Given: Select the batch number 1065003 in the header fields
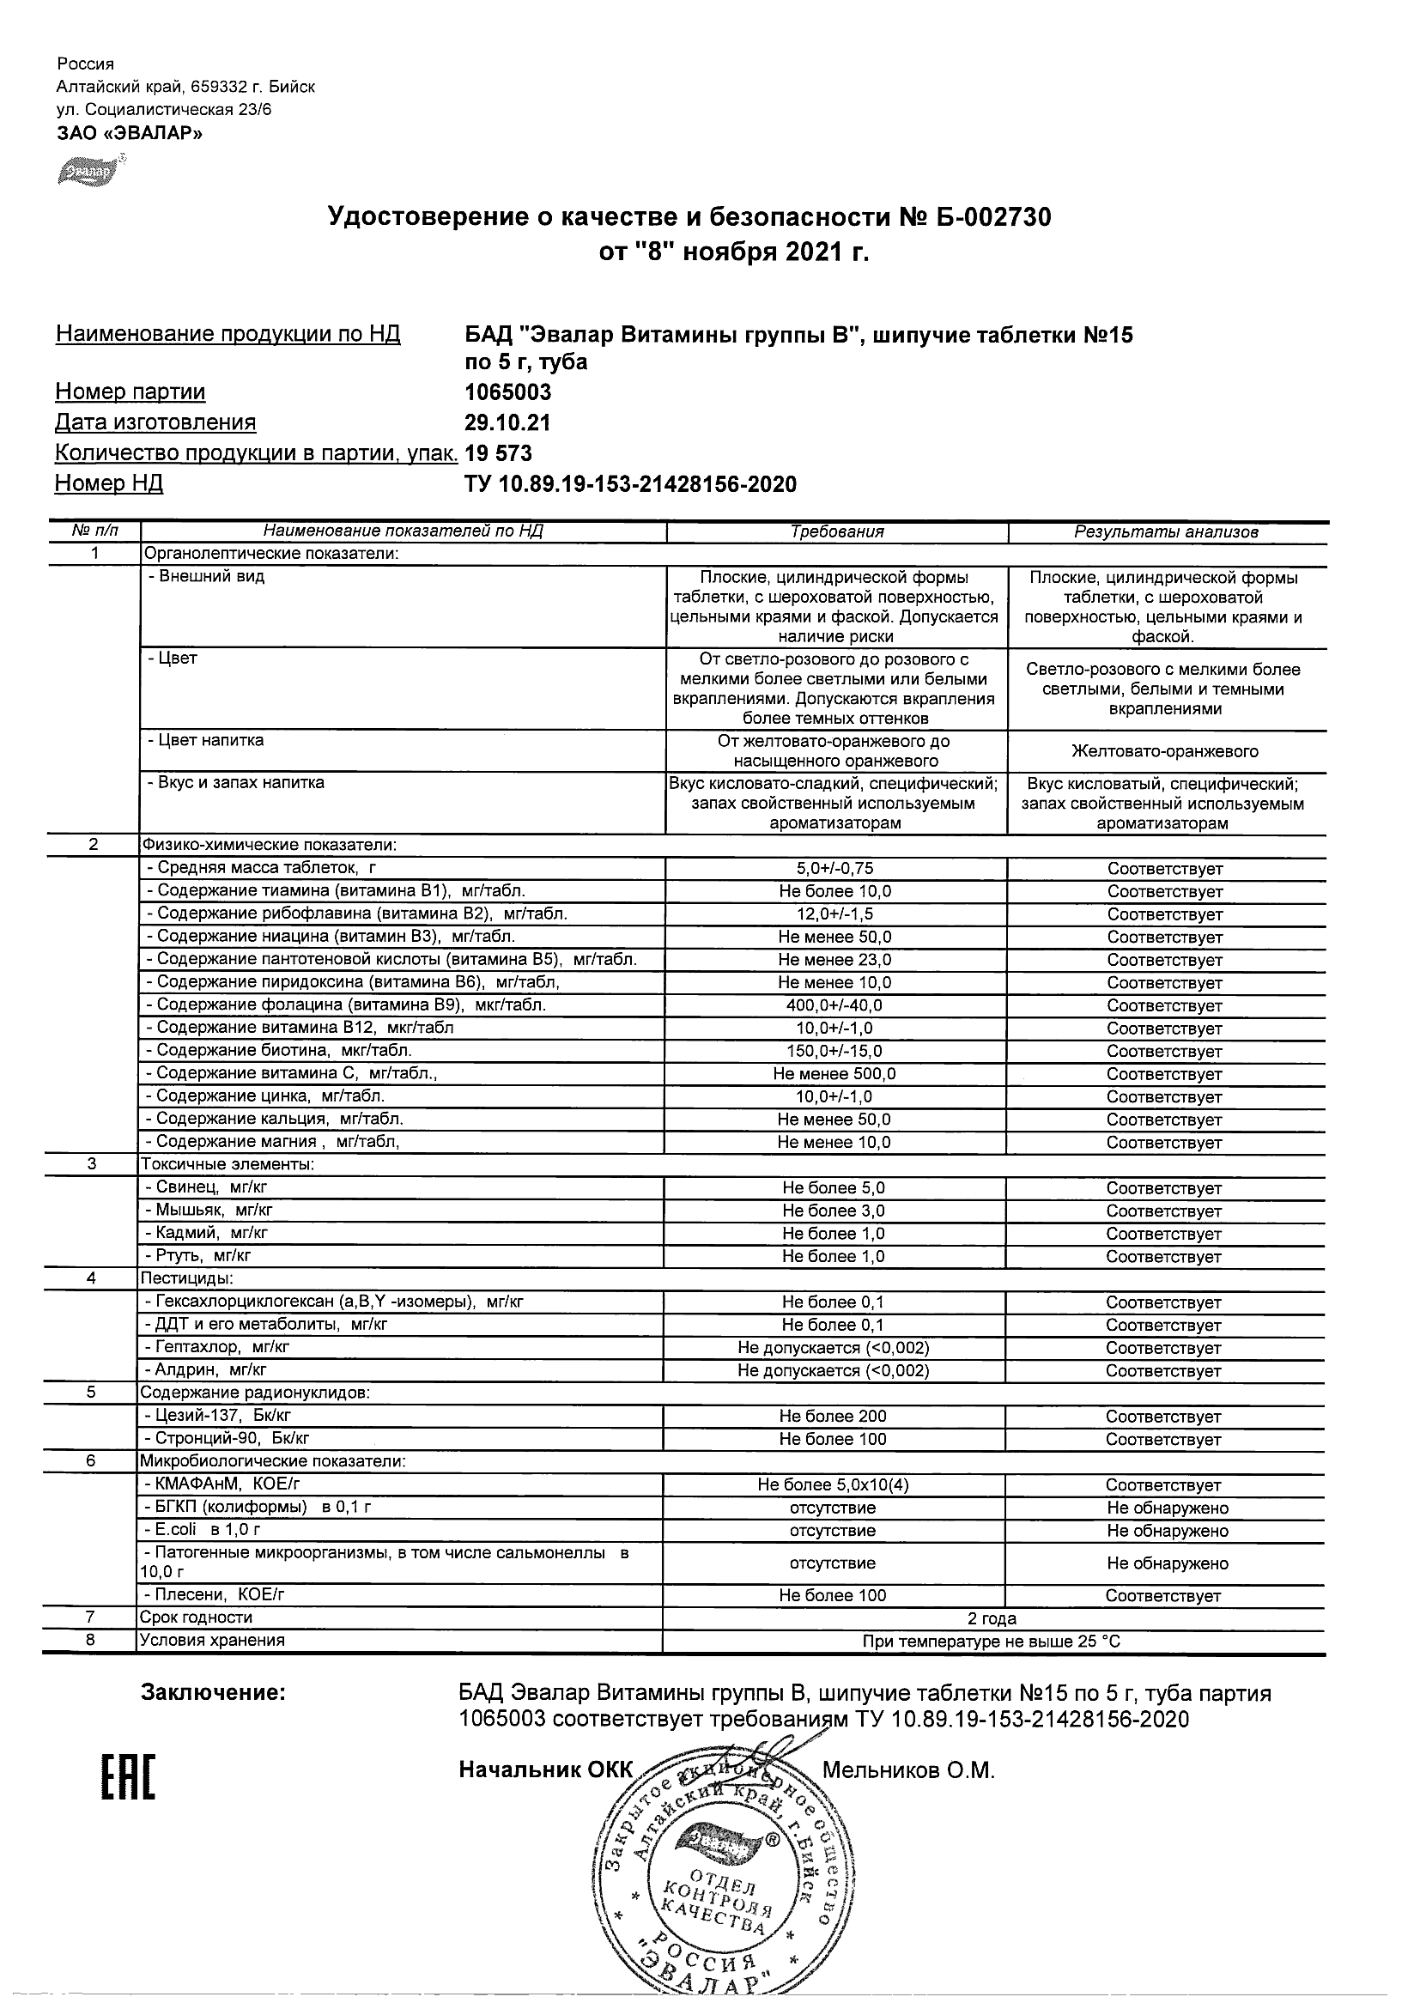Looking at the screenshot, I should pos(507,392).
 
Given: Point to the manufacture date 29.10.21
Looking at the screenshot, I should pos(507,422).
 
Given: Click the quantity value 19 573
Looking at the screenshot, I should pos(499,453).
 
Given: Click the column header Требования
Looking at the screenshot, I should pos(836,531).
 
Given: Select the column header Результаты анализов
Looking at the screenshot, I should pos(1165,531).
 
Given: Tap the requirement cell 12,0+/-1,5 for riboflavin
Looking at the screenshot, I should pos(834,914).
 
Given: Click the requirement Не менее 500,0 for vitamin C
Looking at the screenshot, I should pos(834,1074).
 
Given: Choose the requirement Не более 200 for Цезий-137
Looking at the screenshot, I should pos(833,1416).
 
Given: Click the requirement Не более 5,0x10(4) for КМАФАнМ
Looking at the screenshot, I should pos(833,1485).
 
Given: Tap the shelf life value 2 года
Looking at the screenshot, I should pos(992,1618).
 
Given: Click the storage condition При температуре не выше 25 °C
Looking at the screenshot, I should pos(992,1642).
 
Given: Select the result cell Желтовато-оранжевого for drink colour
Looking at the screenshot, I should pos(1164,751).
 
